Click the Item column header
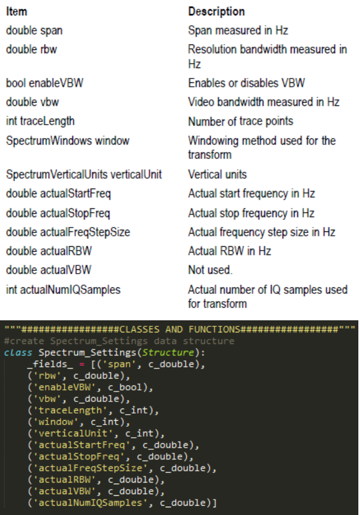pos(16,11)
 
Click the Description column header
pos(216,11)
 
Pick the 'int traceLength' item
pos(40,121)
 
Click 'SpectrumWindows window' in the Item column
pos(67,140)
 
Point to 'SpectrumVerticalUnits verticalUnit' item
pos(84,174)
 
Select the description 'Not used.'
pos(210,270)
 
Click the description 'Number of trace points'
pos(240,121)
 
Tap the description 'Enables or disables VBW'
pos(246,83)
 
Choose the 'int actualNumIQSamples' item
pos(63,289)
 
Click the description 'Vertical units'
pos(217,174)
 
